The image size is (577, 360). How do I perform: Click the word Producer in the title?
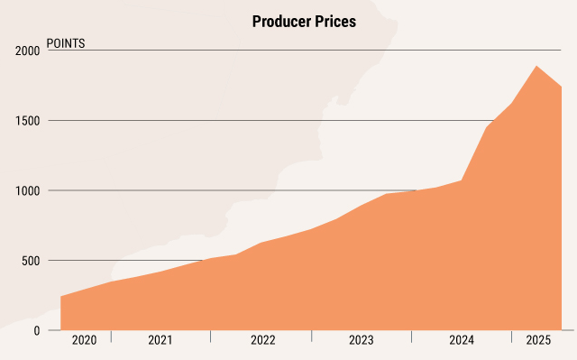[x=282, y=23]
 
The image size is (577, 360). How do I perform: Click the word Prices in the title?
[x=334, y=23]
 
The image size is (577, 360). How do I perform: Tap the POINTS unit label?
[x=66, y=42]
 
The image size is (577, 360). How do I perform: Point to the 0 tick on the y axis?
[x=36, y=331]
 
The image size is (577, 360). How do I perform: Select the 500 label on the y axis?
[x=30, y=261]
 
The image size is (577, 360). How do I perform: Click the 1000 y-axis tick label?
[x=26, y=191]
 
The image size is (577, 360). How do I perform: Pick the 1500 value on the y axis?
[x=26, y=121]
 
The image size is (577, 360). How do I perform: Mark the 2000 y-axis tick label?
[x=26, y=51]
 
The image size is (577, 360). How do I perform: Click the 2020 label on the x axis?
[x=84, y=341]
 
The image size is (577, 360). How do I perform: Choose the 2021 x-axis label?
[x=160, y=341]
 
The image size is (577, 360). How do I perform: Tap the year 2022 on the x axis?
[x=262, y=341]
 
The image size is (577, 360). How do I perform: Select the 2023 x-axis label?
[x=362, y=341]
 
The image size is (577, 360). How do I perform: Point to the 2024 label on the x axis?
[x=461, y=341]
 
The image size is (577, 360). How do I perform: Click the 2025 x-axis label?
[x=538, y=341]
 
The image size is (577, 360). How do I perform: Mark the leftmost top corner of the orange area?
[x=61, y=296]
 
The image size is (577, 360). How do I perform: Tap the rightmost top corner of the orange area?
[x=562, y=87]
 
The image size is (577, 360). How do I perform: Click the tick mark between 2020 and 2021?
[x=111, y=337]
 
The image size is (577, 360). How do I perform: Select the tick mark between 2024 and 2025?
[x=511, y=337]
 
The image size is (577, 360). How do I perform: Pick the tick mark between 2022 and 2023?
[x=312, y=337]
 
